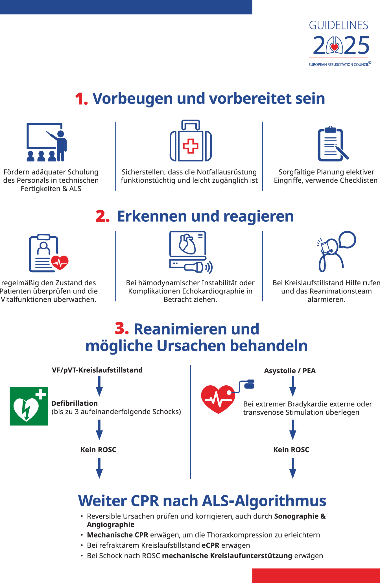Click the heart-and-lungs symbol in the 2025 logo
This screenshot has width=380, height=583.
click(334, 46)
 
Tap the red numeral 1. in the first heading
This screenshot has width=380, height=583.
click(81, 99)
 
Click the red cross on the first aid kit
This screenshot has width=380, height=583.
click(191, 146)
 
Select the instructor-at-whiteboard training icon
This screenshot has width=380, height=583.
click(47, 142)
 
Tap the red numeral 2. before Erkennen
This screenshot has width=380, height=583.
click(102, 217)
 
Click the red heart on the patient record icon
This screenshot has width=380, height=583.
click(60, 262)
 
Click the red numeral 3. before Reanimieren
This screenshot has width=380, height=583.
click(122, 329)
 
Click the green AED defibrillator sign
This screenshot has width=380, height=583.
click(29, 406)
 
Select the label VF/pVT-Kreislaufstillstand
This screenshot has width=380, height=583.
click(97, 370)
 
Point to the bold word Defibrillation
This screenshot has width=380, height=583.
click(75, 403)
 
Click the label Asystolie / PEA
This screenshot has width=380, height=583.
click(290, 371)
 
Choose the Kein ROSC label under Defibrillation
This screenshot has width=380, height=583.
click(98, 450)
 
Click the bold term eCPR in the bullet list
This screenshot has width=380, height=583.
click(210, 545)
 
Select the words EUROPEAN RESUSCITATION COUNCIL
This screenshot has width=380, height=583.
click(338, 64)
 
